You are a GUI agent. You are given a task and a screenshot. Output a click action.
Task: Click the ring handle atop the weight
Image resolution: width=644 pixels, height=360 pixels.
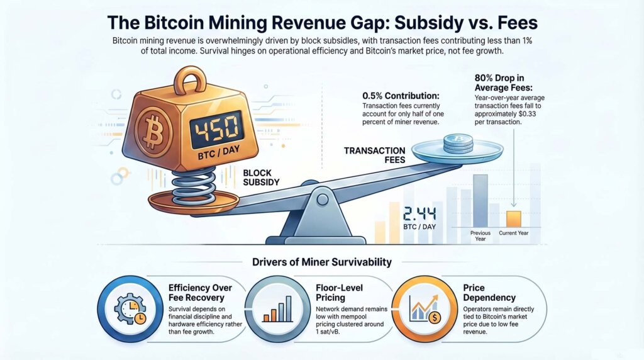tap(187, 82)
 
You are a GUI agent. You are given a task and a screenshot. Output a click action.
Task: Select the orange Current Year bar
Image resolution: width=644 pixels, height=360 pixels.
tap(513, 219)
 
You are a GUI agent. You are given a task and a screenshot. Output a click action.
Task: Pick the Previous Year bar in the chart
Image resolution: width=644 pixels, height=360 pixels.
tap(480, 200)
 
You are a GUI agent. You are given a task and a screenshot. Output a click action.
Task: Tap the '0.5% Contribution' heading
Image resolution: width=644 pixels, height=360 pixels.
tap(400, 96)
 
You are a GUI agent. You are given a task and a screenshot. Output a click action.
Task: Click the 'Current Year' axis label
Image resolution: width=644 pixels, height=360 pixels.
tap(514, 233)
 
